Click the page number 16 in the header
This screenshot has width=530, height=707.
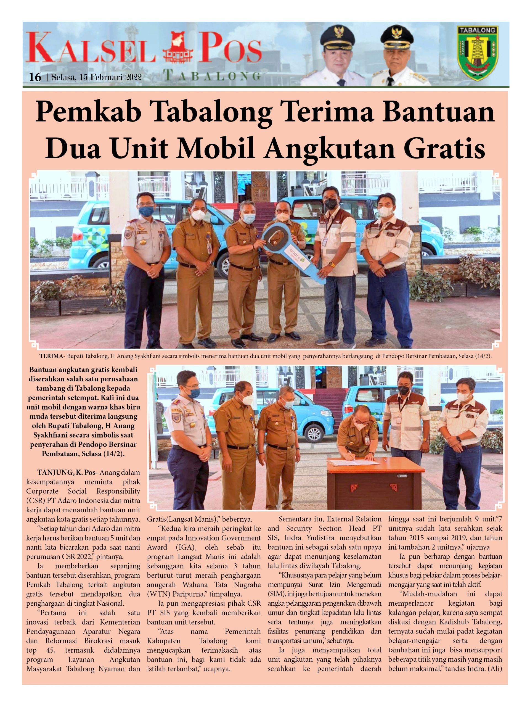[35, 77]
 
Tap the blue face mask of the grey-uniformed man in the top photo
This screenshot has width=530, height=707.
[146, 211]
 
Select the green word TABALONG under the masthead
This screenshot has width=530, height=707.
[212, 76]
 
